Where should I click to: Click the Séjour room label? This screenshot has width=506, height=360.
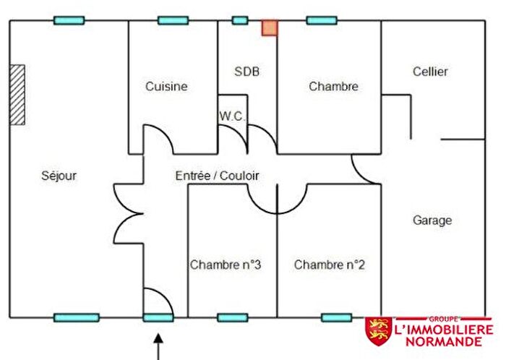pos(59,176)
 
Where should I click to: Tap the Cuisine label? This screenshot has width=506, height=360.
pos(166,87)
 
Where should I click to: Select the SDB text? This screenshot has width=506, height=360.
pos(247,72)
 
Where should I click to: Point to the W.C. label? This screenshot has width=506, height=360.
pos(232,116)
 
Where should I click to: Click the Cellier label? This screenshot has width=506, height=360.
pos(430,72)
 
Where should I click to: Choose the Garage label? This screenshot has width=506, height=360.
pos(432,220)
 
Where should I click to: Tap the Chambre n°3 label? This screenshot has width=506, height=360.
pos(226,265)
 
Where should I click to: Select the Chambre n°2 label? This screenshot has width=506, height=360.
pos(329,265)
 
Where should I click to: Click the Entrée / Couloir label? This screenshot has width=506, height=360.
pos(217,176)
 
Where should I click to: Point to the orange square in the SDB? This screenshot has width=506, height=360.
pos(270,28)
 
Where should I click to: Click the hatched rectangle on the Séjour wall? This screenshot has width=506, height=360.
pos(17,95)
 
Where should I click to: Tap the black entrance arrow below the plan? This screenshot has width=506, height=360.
pos(158,347)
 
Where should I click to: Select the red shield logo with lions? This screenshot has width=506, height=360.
pos(379,331)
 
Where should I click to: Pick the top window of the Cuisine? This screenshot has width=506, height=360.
pos(173,21)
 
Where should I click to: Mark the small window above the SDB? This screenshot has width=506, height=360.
pos(240,21)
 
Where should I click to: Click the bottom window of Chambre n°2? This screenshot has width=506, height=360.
pos(337,318)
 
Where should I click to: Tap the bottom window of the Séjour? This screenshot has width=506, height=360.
pos(77,318)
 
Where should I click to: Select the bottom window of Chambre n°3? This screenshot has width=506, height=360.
pos(233,318)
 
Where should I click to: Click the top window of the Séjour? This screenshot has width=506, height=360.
pos(69,21)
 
